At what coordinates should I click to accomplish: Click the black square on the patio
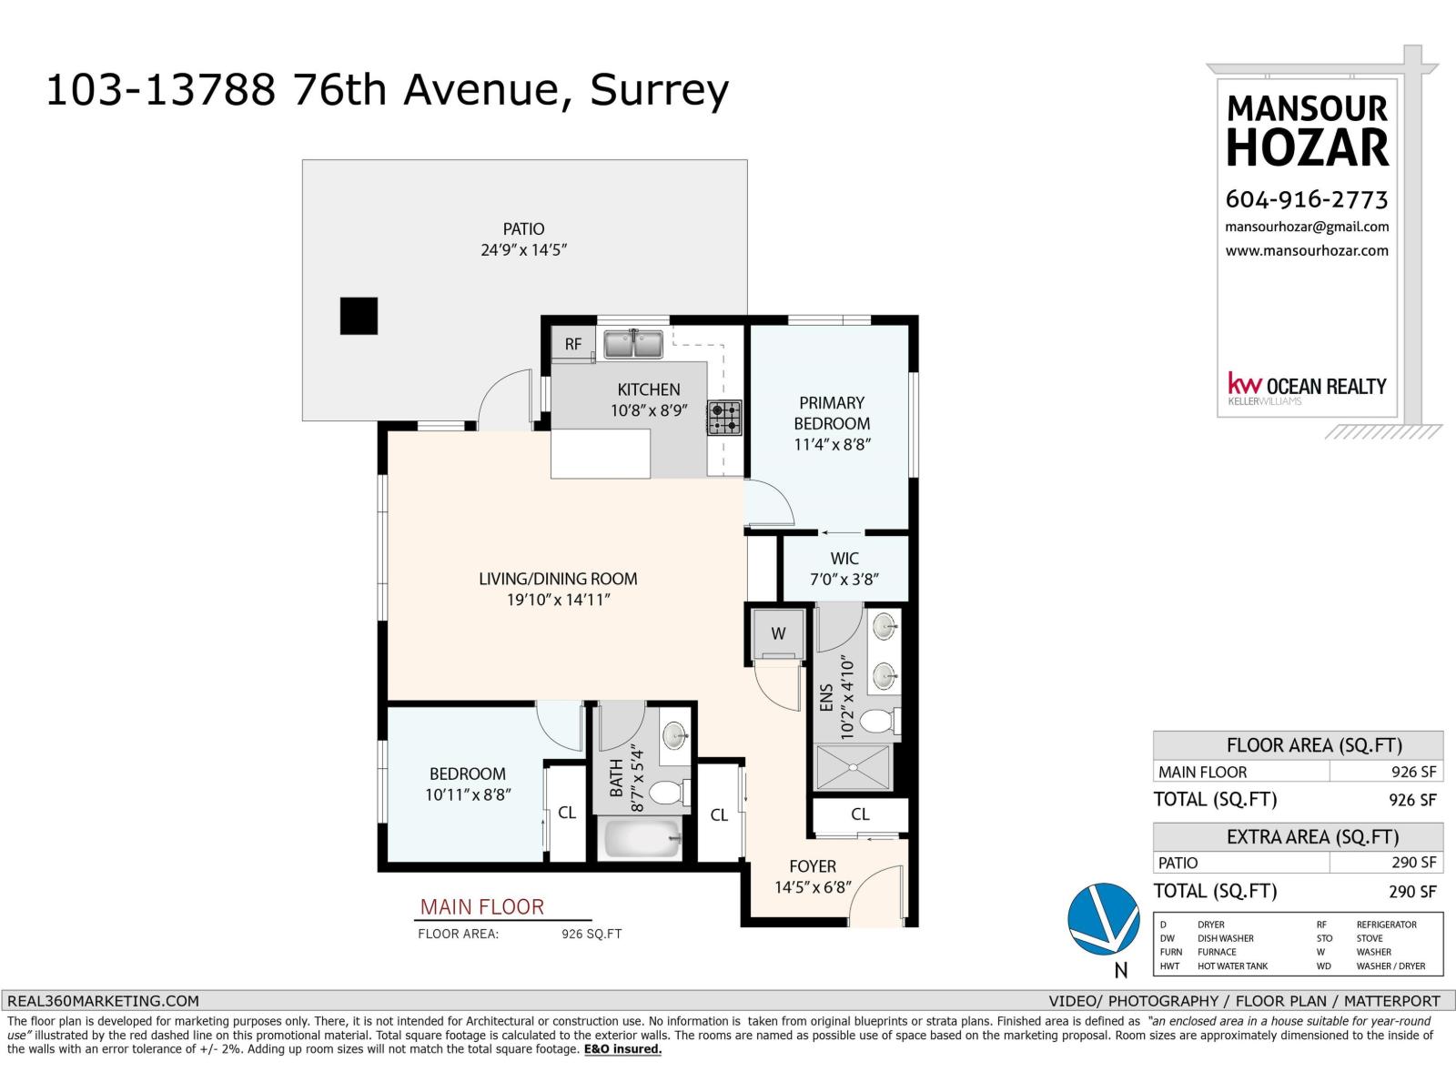click(359, 316)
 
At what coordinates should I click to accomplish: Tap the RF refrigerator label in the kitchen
click(573, 344)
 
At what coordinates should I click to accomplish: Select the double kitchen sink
click(633, 345)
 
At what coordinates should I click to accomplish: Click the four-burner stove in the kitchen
click(725, 418)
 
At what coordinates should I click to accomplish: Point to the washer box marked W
click(778, 633)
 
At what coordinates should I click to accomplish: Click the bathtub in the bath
click(642, 838)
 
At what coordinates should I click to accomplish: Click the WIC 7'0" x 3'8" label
click(844, 569)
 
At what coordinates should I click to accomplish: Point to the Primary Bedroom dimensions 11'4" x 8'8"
click(832, 445)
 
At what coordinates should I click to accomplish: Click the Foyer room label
click(813, 866)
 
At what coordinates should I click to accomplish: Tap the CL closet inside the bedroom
click(567, 813)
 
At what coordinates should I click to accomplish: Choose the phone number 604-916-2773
click(1306, 199)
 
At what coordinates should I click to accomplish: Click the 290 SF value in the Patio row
click(1413, 863)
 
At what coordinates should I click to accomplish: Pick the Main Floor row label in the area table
click(1202, 772)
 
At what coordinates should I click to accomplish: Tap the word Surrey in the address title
click(660, 90)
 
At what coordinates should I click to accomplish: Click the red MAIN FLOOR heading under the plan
click(481, 907)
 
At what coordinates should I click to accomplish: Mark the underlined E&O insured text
click(622, 1049)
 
